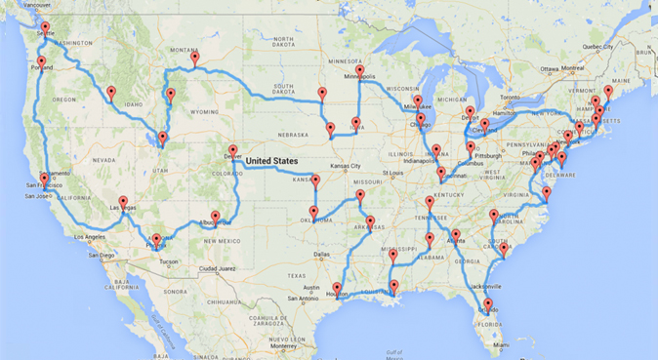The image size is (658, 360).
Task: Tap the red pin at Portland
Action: click(x=41, y=63)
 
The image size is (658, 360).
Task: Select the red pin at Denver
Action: click(x=232, y=151)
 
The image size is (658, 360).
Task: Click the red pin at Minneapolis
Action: click(x=359, y=71)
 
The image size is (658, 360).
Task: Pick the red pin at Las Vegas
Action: click(x=123, y=202)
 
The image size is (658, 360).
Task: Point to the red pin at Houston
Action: click(x=337, y=289)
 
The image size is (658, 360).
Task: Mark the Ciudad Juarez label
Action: click(x=208, y=268)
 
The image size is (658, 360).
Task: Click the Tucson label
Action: click(x=168, y=261)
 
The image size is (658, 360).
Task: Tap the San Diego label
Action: click(x=101, y=257)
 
